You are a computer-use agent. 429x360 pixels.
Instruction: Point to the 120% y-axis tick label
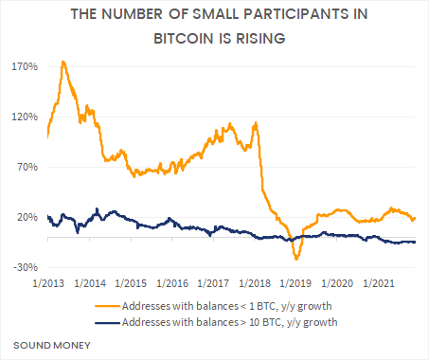click(x=25, y=117)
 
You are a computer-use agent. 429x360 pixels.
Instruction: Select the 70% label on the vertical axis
click(x=27, y=167)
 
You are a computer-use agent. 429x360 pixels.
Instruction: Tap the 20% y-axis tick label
click(x=27, y=217)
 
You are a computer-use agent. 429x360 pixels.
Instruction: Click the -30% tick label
click(x=26, y=267)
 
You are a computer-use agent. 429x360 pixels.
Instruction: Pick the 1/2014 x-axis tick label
click(x=88, y=282)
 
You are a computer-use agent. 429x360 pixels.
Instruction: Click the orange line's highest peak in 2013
click(x=63, y=62)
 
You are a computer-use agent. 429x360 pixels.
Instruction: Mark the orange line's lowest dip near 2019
click(x=296, y=258)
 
